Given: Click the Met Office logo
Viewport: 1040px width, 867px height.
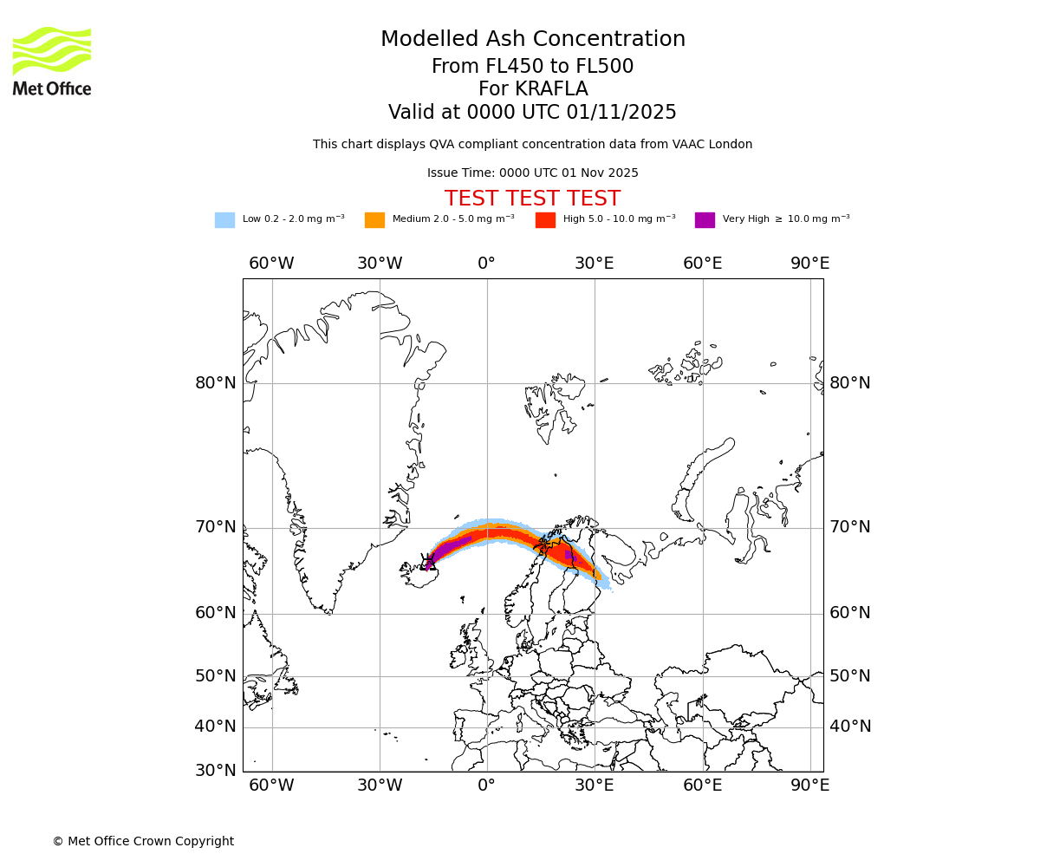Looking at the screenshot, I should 52,61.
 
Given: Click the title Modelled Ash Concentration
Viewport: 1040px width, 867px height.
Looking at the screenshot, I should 532,40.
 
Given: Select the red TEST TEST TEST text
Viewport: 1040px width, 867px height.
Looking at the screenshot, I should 532,199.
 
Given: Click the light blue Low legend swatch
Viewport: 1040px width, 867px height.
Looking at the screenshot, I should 224,220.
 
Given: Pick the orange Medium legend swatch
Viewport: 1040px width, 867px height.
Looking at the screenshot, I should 374,220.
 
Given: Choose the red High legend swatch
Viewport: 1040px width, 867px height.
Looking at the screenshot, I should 545,220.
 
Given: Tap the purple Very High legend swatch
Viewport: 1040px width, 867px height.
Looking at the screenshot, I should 705,220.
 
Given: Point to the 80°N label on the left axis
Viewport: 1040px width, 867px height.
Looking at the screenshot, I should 215,383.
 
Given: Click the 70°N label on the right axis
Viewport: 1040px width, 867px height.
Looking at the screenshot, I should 850,527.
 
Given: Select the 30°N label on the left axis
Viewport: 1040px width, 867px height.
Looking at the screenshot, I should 215,770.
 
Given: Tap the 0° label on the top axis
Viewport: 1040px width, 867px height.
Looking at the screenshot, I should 486,264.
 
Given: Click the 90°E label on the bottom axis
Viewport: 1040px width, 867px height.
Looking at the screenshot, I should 809,786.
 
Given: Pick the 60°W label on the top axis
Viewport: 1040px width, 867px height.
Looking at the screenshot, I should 271,264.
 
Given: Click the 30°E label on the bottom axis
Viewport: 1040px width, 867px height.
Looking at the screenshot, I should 594,786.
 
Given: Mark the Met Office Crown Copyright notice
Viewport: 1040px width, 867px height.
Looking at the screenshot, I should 143,842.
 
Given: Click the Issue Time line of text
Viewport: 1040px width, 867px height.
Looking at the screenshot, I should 532,173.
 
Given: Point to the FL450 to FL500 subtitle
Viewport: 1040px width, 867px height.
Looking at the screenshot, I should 532,67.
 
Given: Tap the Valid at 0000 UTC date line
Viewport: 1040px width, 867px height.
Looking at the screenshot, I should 532,113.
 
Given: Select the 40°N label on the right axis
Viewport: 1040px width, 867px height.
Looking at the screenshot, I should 850,727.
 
